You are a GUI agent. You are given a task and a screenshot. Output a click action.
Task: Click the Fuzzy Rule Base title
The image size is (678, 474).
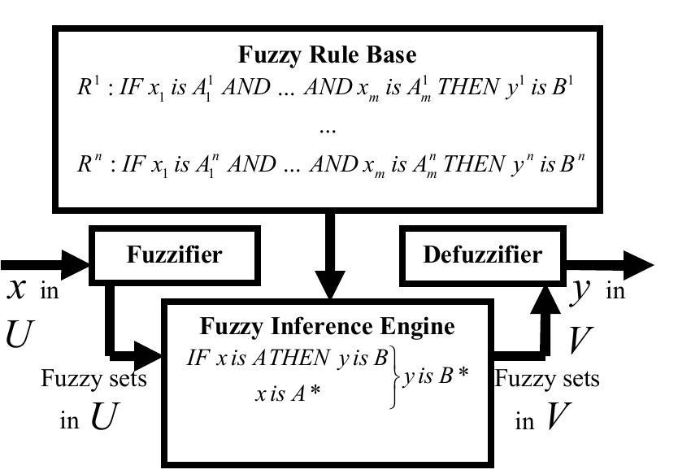click(327, 55)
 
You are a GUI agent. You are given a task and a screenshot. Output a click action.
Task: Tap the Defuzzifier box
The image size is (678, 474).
click(482, 254)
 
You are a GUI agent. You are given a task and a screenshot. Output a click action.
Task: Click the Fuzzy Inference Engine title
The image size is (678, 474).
click(328, 327)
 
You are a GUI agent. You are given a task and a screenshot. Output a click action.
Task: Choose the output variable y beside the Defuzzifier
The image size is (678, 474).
click(578, 289)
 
